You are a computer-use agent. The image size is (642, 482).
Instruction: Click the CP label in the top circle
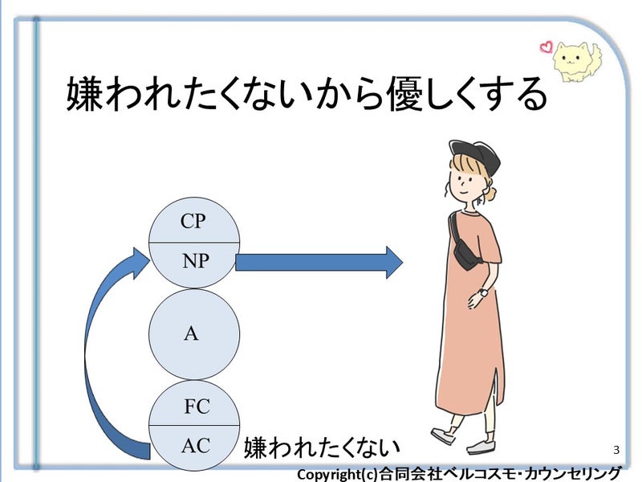193,222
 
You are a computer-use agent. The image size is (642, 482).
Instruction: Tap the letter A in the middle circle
191,333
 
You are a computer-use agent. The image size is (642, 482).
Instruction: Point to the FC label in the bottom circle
196,406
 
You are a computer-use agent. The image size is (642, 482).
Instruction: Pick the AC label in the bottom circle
195,444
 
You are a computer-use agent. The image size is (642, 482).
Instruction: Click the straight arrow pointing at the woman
319,262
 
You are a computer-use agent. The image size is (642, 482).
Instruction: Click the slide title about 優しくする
307,95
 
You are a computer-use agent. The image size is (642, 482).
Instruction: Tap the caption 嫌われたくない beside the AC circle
321,447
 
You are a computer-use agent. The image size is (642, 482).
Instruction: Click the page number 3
616,448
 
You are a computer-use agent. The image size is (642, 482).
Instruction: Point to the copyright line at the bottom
459,473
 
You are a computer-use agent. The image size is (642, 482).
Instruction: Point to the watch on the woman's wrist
483,293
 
